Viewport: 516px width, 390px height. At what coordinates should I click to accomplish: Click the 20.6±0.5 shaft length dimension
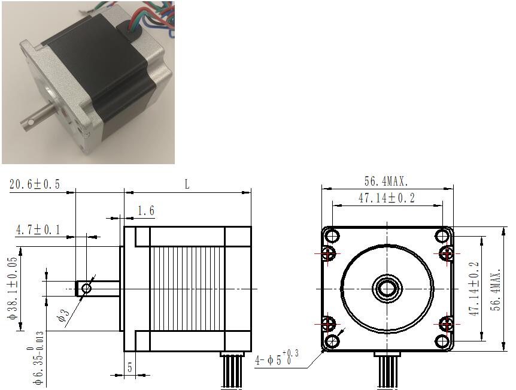(x=35, y=184)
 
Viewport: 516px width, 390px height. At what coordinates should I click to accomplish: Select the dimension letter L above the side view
(x=187, y=184)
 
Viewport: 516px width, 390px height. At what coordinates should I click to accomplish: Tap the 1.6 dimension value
(x=146, y=210)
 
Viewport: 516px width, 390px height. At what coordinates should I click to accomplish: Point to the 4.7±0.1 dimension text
(x=38, y=229)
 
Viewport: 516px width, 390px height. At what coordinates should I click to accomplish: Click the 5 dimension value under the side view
(x=130, y=367)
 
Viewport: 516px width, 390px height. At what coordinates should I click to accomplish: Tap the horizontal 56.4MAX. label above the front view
(x=386, y=181)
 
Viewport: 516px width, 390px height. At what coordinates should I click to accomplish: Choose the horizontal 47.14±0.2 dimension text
(x=387, y=198)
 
